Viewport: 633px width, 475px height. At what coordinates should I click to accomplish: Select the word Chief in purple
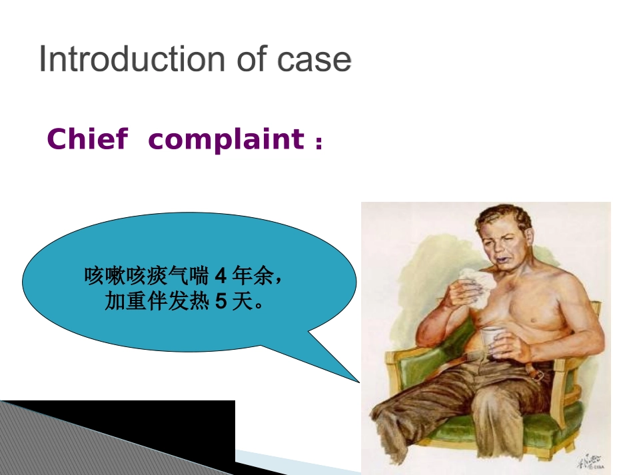click(87, 139)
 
